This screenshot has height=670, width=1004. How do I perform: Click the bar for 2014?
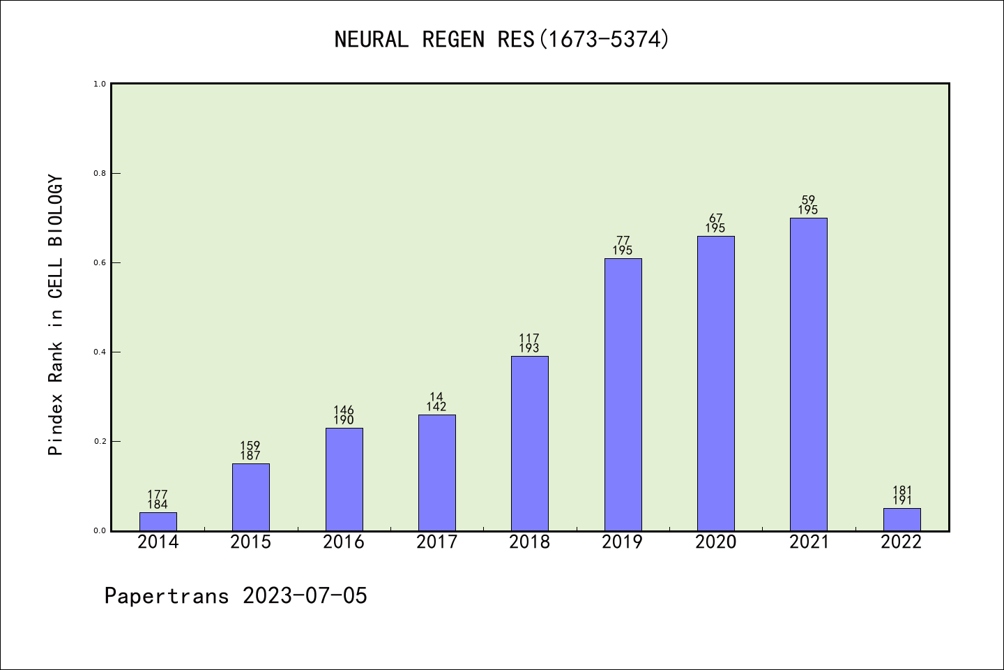pyautogui.click(x=158, y=521)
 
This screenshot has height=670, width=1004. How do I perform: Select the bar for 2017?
pyautogui.click(x=437, y=472)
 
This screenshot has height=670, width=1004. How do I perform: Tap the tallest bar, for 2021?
pyautogui.click(x=809, y=374)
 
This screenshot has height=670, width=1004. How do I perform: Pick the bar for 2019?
pyautogui.click(x=623, y=394)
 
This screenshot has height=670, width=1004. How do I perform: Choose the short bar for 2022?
pyautogui.click(x=902, y=519)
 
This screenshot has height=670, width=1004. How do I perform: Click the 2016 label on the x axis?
pyautogui.click(x=344, y=542)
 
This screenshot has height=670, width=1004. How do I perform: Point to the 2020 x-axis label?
pyautogui.click(x=715, y=542)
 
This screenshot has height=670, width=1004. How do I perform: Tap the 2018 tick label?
pyautogui.click(x=530, y=542)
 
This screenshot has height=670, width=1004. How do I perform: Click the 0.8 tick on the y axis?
pyautogui.click(x=100, y=173)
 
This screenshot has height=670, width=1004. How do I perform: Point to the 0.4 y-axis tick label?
pyautogui.click(x=100, y=352)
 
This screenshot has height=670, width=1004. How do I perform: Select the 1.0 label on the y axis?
pyautogui.click(x=100, y=84)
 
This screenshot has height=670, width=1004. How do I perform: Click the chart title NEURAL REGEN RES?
pyautogui.click(x=502, y=40)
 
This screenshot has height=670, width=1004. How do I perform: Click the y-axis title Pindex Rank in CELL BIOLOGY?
pyautogui.click(x=56, y=315)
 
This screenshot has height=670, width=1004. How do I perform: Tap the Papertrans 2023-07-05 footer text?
pyautogui.click(x=236, y=595)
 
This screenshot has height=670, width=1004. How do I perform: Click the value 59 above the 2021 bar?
pyautogui.click(x=809, y=200)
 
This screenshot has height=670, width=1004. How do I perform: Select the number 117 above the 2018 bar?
pyautogui.click(x=530, y=338)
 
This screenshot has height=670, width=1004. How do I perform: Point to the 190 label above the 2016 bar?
pyautogui.click(x=344, y=420)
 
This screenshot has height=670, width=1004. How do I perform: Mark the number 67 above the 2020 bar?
pyautogui.click(x=715, y=218)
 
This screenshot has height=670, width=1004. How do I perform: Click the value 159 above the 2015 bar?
pyautogui.click(x=250, y=446)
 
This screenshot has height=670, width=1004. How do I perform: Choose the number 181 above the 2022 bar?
pyautogui.click(x=902, y=491)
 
